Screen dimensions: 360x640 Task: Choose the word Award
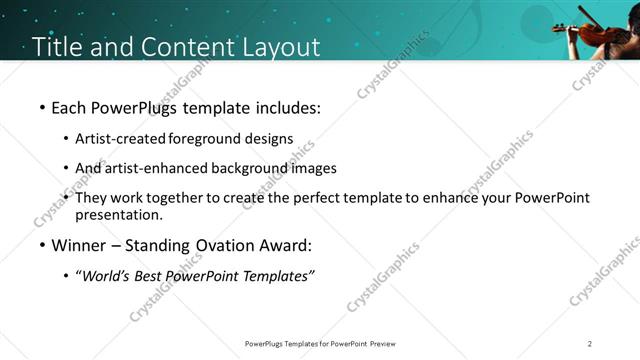click(x=283, y=245)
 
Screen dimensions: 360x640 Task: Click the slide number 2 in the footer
click(x=590, y=343)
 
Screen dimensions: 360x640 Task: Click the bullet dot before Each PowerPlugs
click(x=41, y=107)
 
